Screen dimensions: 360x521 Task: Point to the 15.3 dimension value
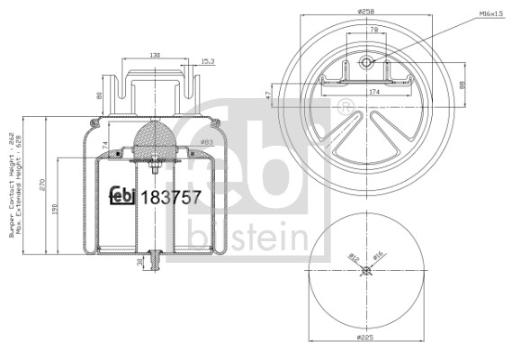[x=207, y=61]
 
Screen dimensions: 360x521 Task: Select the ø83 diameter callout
[x=205, y=141]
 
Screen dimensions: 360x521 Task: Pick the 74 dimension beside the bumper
[x=105, y=144]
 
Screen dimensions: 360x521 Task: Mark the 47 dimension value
[x=268, y=93]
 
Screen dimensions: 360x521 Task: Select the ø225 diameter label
[x=365, y=337]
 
